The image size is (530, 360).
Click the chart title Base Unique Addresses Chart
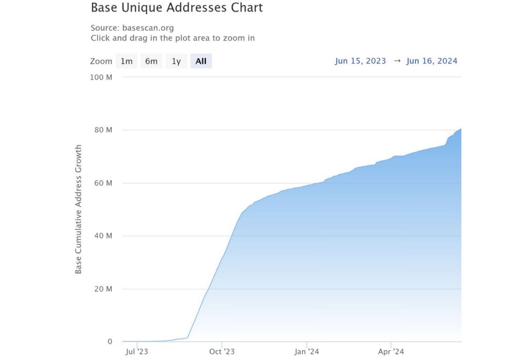click(x=177, y=8)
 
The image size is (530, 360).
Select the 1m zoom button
click(x=126, y=61)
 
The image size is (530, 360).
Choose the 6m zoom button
click(x=151, y=61)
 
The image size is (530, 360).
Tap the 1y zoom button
click(x=176, y=61)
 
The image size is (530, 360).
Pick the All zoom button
click(x=201, y=61)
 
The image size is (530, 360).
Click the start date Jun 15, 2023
click(x=360, y=61)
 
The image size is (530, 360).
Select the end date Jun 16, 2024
click(x=432, y=61)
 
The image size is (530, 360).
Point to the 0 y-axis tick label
click(x=110, y=341)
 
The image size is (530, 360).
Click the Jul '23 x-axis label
click(x=137, y=352)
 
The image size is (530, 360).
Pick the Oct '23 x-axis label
click(x=222, y=352)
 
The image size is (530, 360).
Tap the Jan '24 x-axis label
click(x=307, y=352)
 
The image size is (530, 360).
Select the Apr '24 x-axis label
click(x=391, y=352)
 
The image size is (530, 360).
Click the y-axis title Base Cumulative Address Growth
click(x=79, y=209)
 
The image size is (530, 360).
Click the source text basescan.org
click(x=145, y=28)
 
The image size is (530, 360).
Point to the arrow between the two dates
click(x=397, y=61)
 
